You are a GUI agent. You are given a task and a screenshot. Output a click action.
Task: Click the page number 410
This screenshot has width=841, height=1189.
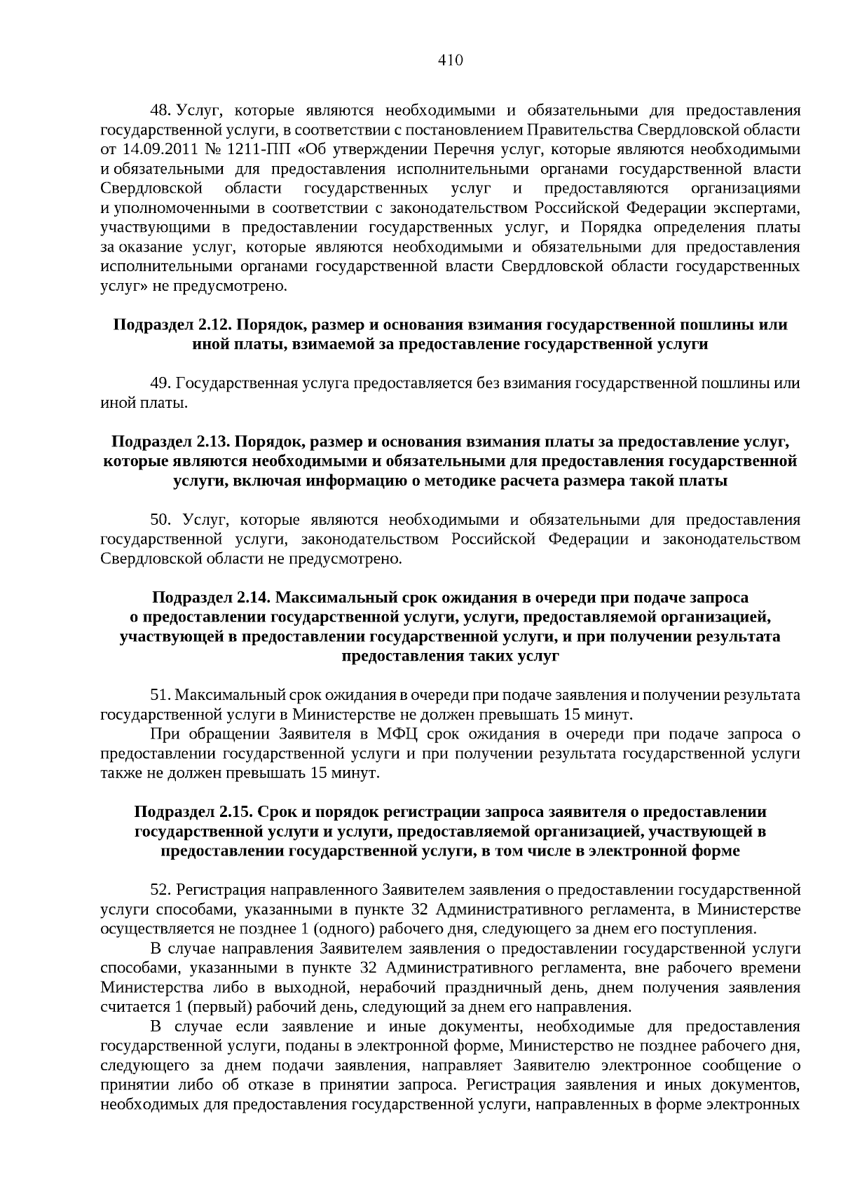451,60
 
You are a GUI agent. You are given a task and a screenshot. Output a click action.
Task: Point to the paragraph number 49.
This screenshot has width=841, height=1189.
160,383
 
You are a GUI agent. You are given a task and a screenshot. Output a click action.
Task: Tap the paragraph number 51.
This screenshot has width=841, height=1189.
160,695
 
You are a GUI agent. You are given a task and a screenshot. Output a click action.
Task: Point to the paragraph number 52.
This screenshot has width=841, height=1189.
160,890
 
